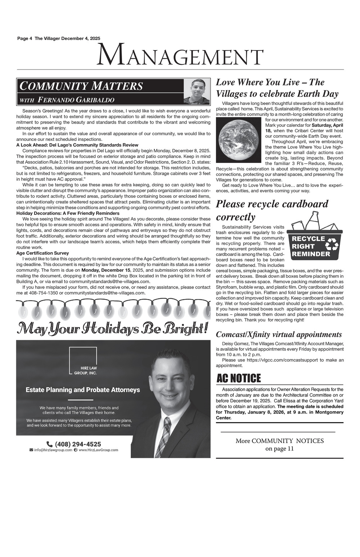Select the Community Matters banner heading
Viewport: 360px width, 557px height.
[81, 86]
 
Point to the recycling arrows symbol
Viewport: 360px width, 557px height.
[332, 246]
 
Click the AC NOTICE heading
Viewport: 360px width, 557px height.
[239, 379]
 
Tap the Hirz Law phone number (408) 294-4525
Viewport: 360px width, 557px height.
[78, 444]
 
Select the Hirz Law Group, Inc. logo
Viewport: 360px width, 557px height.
[83, 361]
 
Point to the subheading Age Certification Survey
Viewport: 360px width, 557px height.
[42, 253]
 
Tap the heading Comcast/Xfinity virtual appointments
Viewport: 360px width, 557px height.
[279, 335]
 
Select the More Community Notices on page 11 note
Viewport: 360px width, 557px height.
[279, 445]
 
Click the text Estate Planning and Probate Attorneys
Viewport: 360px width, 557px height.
[83, 390]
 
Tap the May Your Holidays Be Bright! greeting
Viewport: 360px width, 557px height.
[113, 328]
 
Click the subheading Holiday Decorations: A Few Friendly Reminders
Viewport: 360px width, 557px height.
[68, 213]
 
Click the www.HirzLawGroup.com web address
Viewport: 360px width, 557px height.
[98, 450]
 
